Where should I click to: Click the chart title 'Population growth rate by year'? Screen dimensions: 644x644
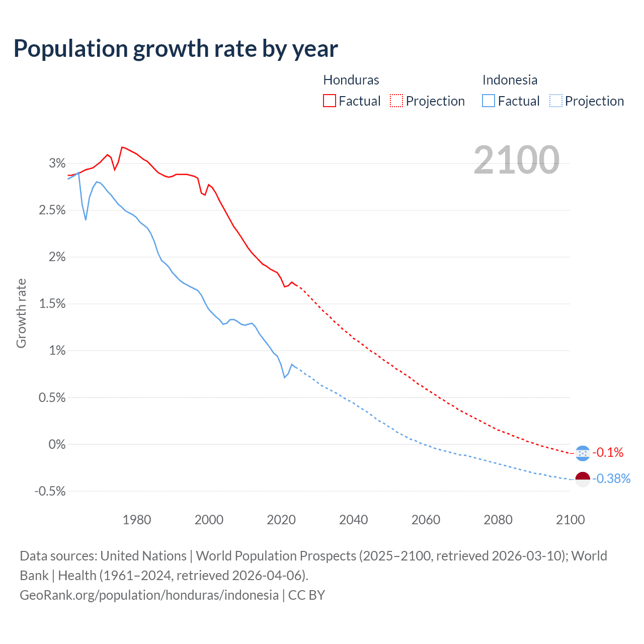coord(176,49)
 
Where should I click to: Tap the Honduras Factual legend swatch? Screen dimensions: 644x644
coord(330,101)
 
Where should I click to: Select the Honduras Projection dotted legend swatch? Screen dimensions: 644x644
coord(396,101)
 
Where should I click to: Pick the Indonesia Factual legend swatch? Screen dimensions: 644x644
coord(489,101)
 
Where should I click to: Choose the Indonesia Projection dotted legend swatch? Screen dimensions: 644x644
coord(555,101)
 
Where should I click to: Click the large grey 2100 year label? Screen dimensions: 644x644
coord(517,160)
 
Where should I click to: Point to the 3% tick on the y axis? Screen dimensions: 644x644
coord(57,163)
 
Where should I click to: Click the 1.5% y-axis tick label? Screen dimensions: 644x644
coord(52,303)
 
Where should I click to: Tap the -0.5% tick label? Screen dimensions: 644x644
coord(50,491)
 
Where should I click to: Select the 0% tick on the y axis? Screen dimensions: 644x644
coord(57,444)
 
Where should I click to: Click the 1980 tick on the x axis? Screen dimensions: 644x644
coord(137,520)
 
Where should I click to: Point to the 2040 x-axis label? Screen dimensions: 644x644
coord(353,520)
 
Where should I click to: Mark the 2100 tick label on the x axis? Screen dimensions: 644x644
coord(570,520)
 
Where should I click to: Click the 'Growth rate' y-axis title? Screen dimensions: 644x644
coord(21,313)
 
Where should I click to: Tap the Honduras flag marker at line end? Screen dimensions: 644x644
coord(583,453)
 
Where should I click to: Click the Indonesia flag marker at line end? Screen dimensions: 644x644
coord(583,479)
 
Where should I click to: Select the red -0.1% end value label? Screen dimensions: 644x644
coord(608,452)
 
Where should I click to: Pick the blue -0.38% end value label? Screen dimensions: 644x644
coord(611,478)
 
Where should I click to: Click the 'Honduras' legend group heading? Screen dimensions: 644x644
coord(351,80)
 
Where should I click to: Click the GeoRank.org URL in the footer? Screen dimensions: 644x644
coord(149,595)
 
